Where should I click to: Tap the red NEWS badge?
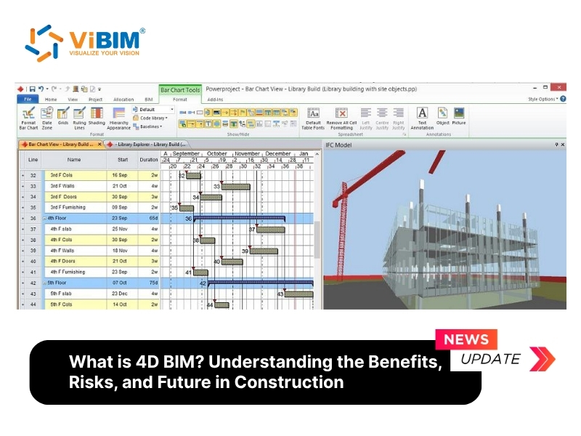(466, 339)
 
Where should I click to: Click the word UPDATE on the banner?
(490, 359)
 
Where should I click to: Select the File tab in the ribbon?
(27, 99)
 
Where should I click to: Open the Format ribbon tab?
(179, 99)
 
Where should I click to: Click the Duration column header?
(148, 159)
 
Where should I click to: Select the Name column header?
(74, 159)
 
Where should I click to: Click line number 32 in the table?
(33, 175)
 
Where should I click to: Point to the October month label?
(216, 154)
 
